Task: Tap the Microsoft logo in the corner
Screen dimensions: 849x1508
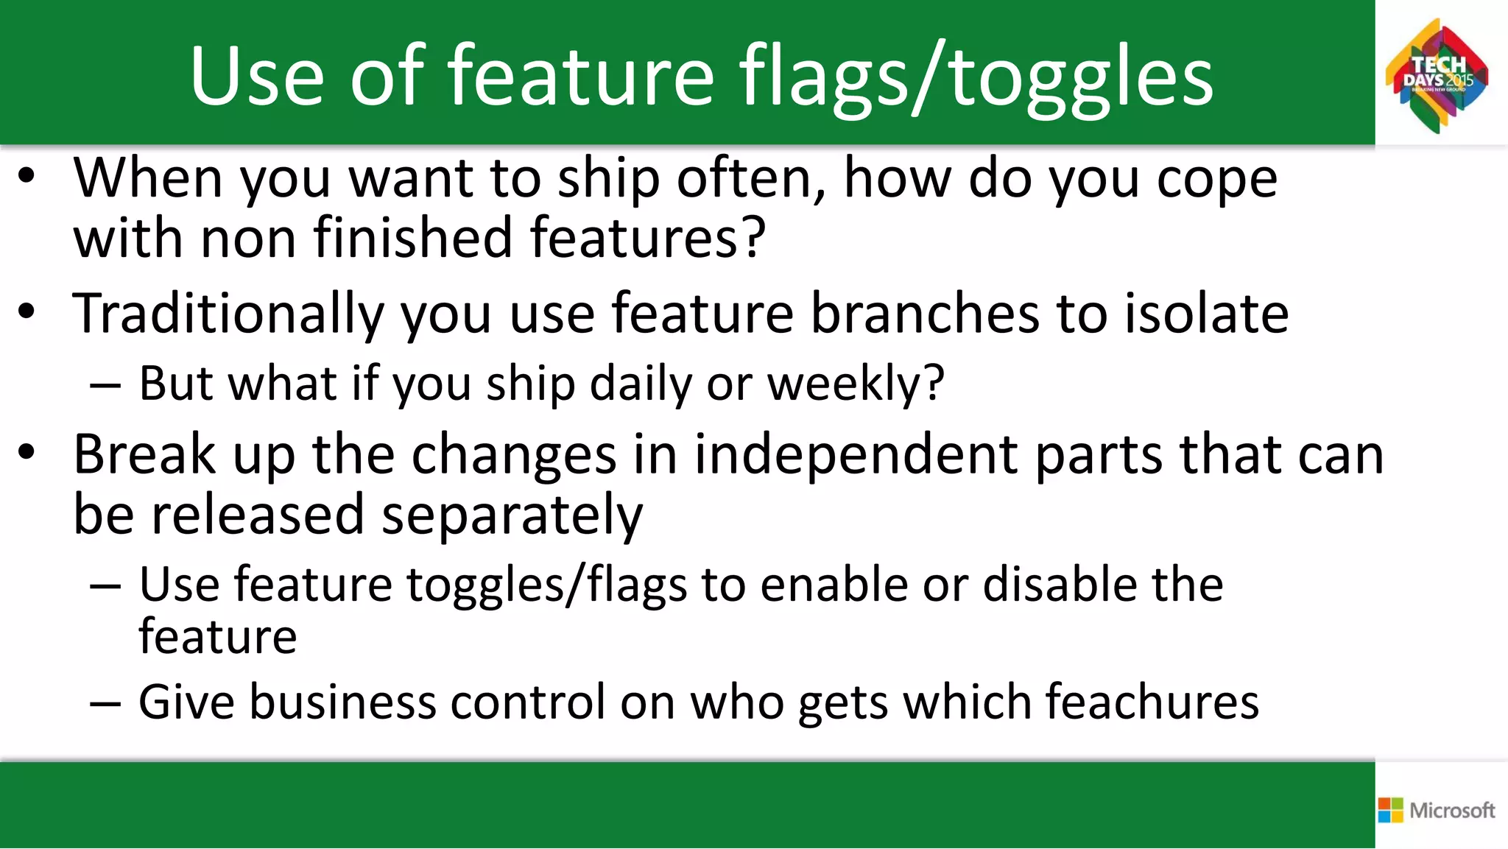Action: [x=1437, y=810]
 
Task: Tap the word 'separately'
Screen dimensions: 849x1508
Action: [x=512, y=515]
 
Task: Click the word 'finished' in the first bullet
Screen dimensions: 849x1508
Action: [x=413, y=238]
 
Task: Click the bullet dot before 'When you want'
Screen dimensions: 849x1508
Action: [x=27, y=177]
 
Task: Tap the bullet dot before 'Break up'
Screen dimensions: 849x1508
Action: [x=27, y=452]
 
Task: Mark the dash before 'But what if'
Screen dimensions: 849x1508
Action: [x=105, y=385]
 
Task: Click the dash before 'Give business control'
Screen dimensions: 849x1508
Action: [x=105, y=703]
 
